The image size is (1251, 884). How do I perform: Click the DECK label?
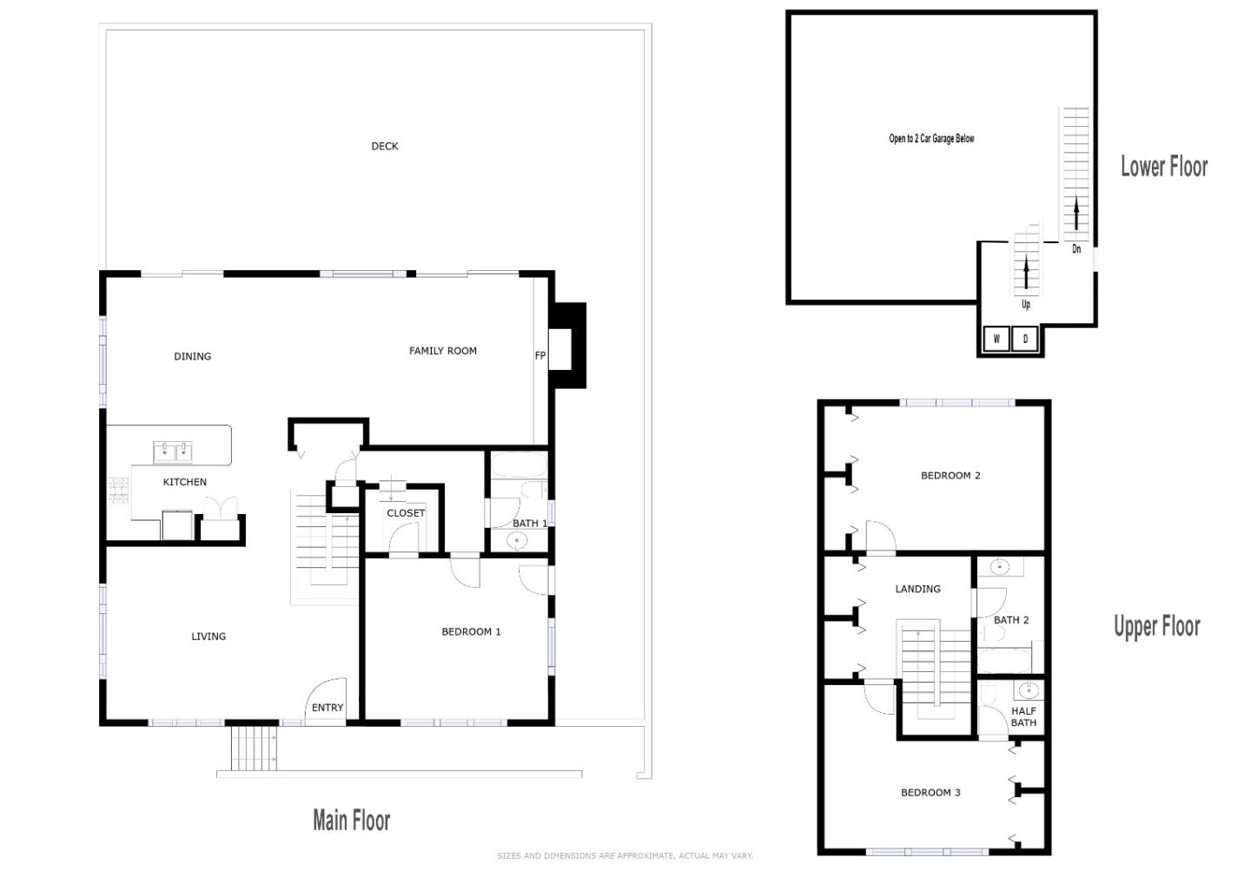pos(384,146)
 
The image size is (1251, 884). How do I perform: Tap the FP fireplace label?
pos(539,355)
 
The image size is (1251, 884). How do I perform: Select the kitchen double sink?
pos(173,452)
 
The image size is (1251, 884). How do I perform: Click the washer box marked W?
pos(996,339)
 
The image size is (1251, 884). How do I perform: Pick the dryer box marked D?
pos(1025,339)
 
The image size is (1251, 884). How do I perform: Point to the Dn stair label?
pos(1076,249)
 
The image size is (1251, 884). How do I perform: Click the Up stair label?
pos(1026,305)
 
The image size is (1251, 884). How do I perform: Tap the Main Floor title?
pos(351,820)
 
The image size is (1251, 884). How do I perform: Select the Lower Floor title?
pos(1163,166)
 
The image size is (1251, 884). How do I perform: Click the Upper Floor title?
pos(1156,626)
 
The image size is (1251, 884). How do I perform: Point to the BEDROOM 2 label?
pos(950,475)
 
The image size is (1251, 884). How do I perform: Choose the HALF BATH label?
pos(1023,716)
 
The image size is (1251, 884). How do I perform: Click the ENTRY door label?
pos(328,708)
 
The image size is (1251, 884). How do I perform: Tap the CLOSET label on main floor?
pos(406,513)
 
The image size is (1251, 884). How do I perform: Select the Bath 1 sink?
pos(517,541)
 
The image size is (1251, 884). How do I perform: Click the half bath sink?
pos(1028,691)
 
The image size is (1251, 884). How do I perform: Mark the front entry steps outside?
pos(254,747)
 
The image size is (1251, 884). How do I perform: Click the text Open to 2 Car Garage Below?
pos(931,138)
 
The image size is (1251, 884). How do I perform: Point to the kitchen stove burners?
pos(117,491)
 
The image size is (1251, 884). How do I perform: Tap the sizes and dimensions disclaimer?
pos(625,855)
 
